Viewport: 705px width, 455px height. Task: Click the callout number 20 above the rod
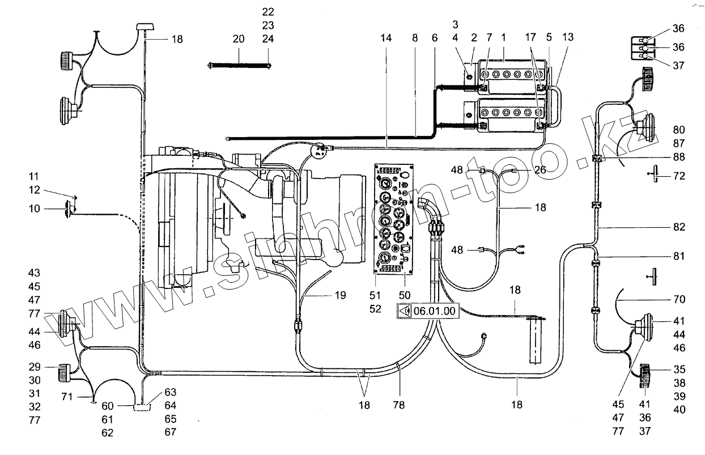(x=239, y=39)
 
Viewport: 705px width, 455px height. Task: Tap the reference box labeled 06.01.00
(x=427, y=311)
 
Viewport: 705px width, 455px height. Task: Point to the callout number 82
(x=679, y=227)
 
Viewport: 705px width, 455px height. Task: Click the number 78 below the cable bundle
(x=400, y=406)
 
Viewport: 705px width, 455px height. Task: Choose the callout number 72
(x=679, y=177)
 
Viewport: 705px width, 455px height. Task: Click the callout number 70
(x=679, y=299)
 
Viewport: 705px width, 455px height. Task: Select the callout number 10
(x=35, y=209)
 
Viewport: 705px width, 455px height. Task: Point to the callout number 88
(x=679, y=157)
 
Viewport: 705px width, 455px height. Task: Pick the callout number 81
(x=679, y=257)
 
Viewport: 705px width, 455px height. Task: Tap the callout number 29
(x=35, y=367)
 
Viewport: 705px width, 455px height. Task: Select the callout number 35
(x=679, y=368)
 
